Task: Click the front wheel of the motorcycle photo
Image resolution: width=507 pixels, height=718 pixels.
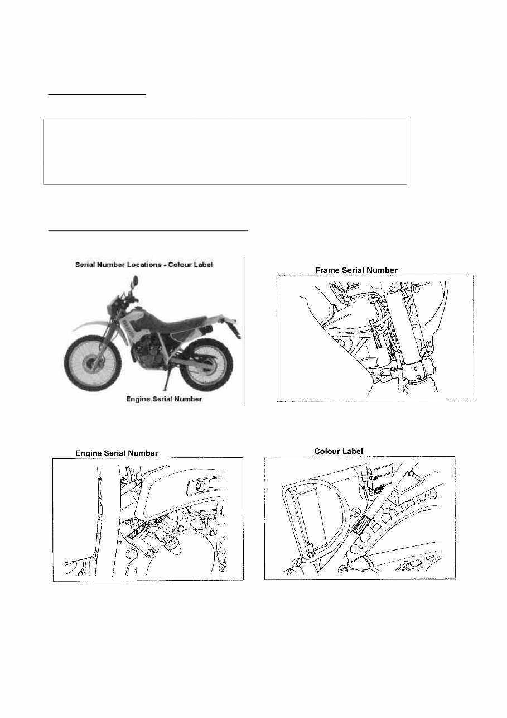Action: pyautogui.click(x=90, y=364)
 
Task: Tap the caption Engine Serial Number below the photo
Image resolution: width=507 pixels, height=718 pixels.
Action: pyautogui.click(x=163, y=400)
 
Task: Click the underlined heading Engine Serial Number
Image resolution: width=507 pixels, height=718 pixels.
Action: pyautogui.click(x=117, y=453)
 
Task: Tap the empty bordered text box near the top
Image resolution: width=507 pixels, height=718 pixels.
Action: pyautogui.click(x=225, y=151)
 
